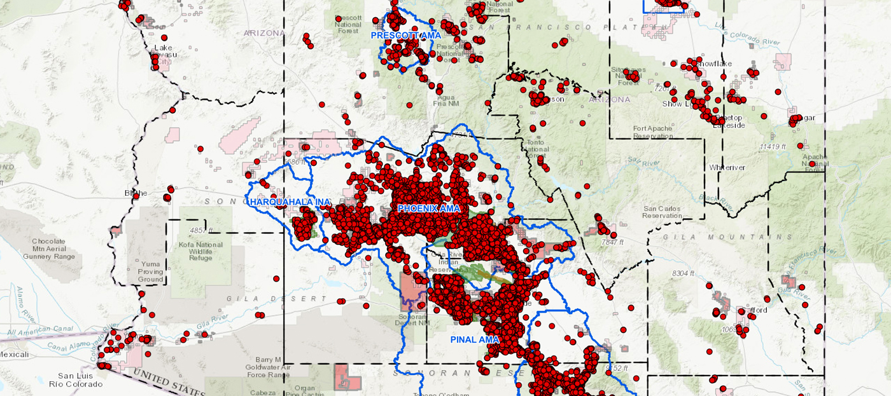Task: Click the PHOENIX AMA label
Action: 428,208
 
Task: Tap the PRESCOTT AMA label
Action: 405,36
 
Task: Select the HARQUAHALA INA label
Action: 290,202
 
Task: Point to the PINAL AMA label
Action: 475,340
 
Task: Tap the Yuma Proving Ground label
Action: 151,271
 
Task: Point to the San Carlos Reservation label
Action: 662,212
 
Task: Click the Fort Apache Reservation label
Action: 652,132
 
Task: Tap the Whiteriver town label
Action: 727,167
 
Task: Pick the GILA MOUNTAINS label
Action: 720,237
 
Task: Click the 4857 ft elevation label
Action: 203,229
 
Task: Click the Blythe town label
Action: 136,193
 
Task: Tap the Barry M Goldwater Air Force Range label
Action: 269,367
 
